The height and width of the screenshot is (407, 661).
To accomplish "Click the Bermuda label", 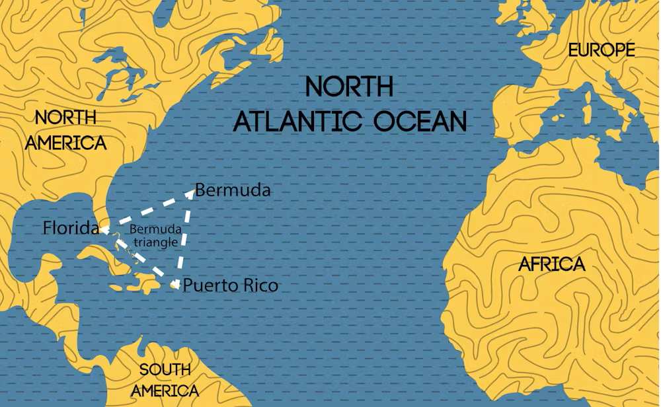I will click(233, 190).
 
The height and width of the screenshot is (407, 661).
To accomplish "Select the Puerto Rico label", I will click(230, 286).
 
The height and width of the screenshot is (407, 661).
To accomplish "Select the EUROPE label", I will click(602, 50).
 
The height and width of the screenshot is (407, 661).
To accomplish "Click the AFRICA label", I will click(552, 264).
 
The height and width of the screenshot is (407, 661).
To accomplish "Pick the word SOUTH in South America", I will click(165, 369).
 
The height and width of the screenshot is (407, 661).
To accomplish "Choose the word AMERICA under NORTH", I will click(65, 143).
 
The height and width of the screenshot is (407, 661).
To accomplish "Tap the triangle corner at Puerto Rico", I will click(175, 285).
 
